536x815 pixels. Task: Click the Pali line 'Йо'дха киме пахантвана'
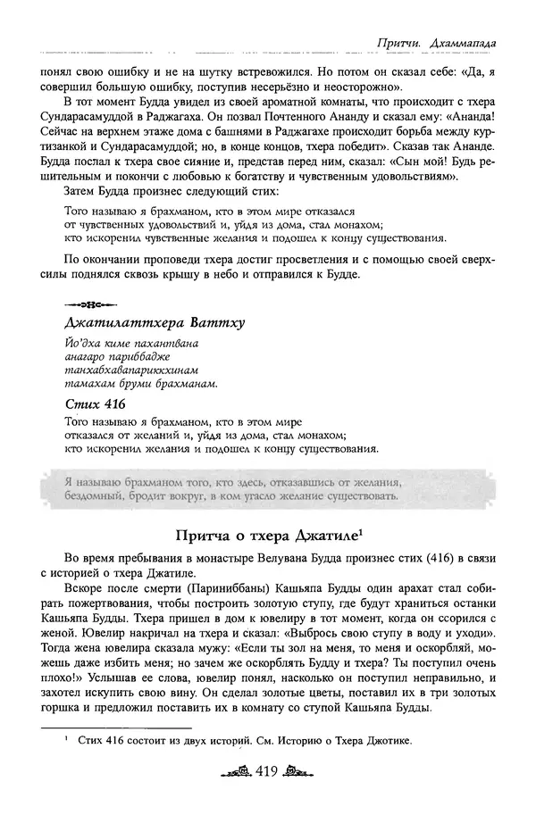coord(130,344)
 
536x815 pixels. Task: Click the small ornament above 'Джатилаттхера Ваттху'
coord(88,302)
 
